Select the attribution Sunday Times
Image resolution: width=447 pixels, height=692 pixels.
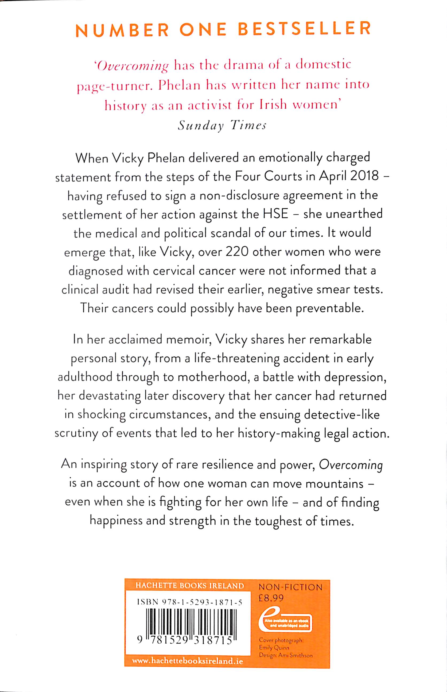click(222, 126)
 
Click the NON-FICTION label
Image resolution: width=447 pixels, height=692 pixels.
click(290, 587)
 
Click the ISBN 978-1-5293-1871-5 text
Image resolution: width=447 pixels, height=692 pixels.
click(189, 603)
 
